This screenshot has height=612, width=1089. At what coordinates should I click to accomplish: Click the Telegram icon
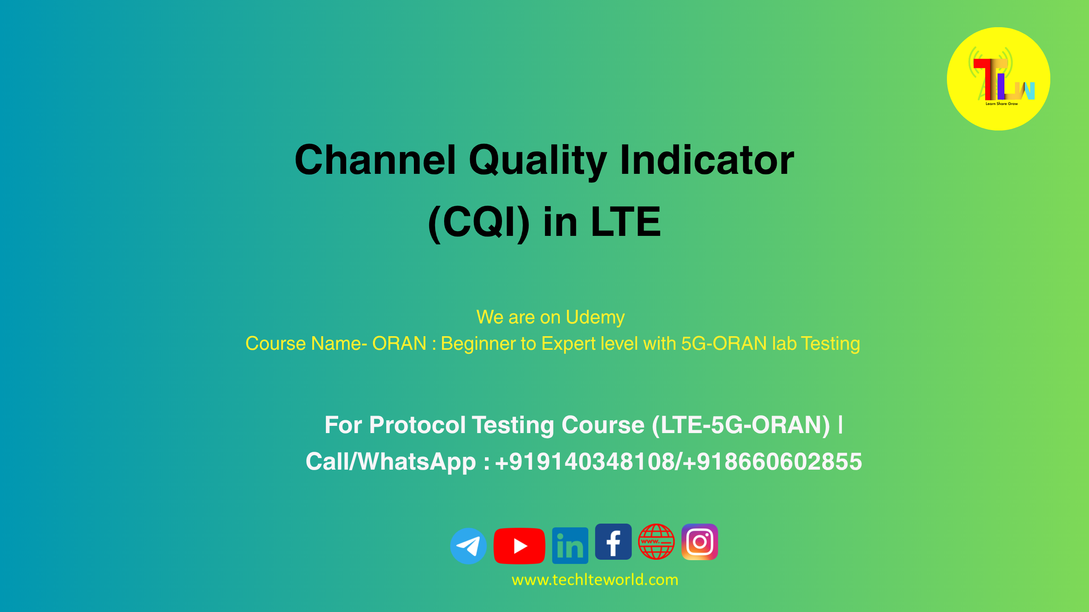pos(468,546)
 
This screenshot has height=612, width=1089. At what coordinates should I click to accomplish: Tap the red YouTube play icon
pos(519,546)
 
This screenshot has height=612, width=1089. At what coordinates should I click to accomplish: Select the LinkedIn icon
pos(570,546)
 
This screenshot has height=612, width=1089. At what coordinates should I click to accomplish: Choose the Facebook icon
pos(613,542)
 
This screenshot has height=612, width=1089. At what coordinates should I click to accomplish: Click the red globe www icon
pos(656,542)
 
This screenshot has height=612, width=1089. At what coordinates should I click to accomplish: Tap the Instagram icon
pos(700,542)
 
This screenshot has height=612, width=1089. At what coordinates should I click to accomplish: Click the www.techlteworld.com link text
pos(595,580)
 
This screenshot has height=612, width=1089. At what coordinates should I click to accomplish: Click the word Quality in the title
pos(538,161)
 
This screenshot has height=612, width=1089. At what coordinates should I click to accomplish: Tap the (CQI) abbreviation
pos(479,222)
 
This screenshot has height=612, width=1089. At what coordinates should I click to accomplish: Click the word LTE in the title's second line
pos(626,222)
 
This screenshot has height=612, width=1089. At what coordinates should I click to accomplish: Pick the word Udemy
pos(595,317)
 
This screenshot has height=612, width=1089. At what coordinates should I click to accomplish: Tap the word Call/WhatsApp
pos(391,462)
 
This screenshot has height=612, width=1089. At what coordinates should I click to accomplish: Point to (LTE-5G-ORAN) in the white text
pos(741,425)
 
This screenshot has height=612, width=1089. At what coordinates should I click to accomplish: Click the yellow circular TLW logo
pos(998,79)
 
